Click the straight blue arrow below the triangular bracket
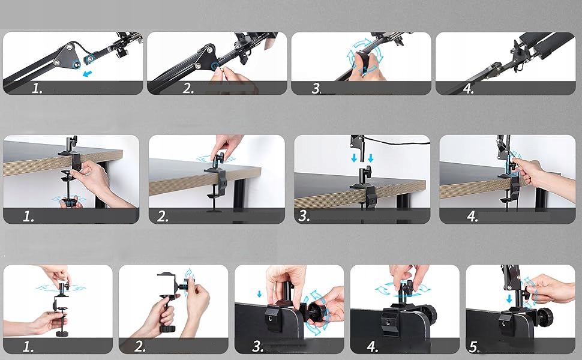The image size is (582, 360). click(87, 73)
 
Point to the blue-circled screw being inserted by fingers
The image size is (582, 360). click(215, 67)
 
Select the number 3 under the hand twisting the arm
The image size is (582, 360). click(316, 88)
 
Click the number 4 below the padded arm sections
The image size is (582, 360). click(468, 88)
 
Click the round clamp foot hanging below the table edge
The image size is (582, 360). click(214, 211)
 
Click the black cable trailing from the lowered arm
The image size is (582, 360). click(397, 141)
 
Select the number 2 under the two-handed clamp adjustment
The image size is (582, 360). click(140, 346)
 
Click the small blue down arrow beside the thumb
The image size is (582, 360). click(259, 294)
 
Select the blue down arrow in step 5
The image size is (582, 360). click(509, 299)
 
